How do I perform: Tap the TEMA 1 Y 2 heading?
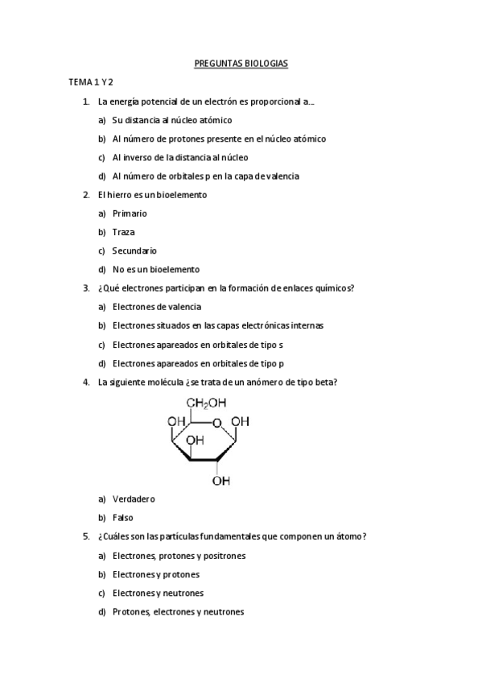(90, 82)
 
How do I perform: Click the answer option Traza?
(124, 232)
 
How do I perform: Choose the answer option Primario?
(130, 213)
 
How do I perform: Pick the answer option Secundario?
(134, 250)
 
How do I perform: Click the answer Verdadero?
(134, 499)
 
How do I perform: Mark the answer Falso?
(123, 517)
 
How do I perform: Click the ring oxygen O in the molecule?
(217, 422)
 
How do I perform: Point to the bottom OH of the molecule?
(220, 481)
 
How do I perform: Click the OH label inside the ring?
(195, 440)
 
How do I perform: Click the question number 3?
(86, 288)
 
